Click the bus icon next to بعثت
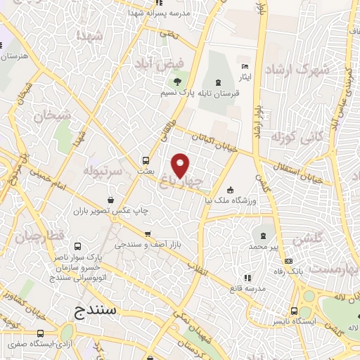point(146,160)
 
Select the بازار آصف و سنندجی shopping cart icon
point(148,234)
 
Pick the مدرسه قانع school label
point(245,288)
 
